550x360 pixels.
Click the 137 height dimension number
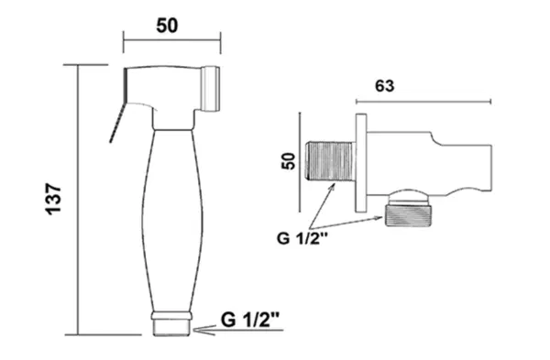pyautogui.click(x=54, y=199)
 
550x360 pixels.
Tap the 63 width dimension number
pyautogui.click(x=384, y=86)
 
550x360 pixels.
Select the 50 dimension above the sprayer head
pyautogui.click(x=167, y=26)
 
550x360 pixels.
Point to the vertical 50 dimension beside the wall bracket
pyautogui.click(x=289, y=161)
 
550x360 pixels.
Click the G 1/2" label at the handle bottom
pyautogui.click(x=250, y=320)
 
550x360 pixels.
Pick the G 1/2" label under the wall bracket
pyautogui.click(x=302, y=238)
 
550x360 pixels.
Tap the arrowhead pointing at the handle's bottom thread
pyautogui.click(x=204, y=330)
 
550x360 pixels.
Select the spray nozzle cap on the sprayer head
pyautogui.click(x=211, y=88)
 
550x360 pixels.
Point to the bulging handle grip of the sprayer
pyautogui.click(x=172, y=221)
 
